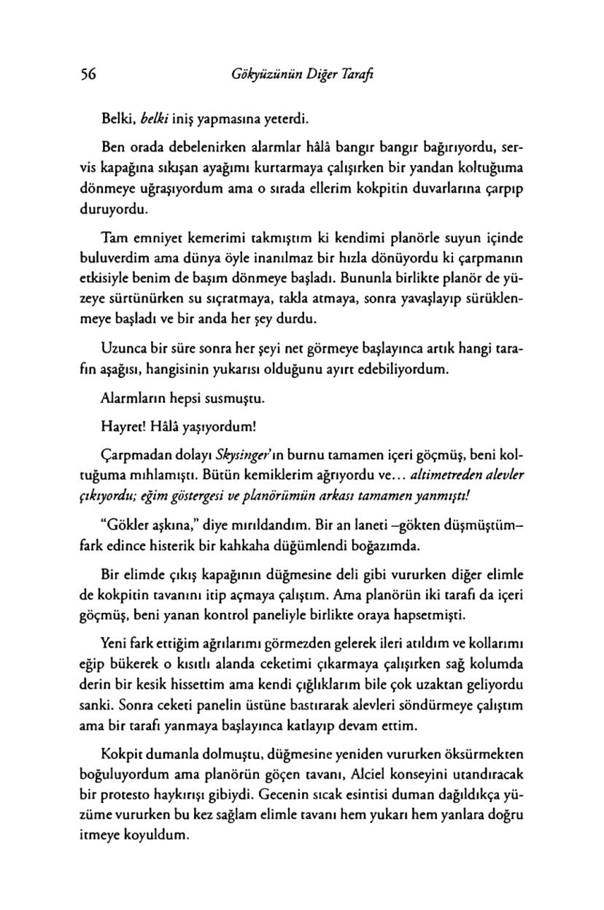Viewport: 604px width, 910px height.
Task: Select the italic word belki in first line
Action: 146,115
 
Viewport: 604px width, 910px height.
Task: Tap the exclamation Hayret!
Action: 123,425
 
